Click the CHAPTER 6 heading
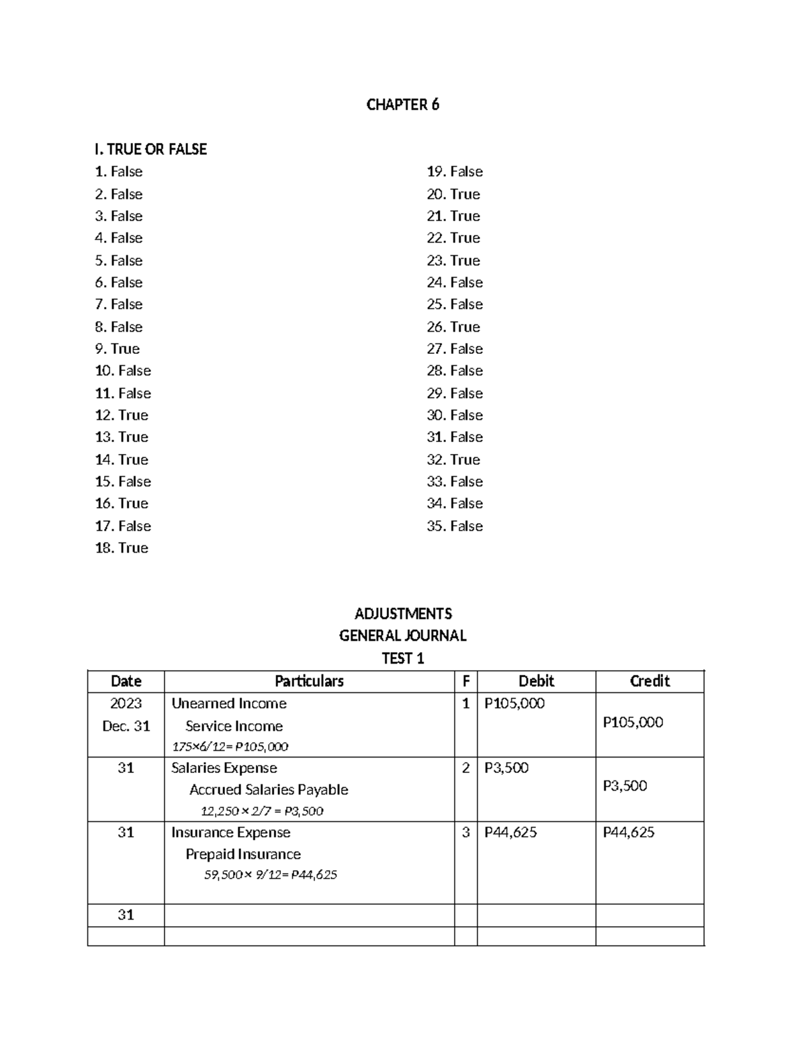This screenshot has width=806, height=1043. pos(402,105)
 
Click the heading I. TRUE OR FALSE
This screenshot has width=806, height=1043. pos(151,149)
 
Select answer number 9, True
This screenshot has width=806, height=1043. pos(118,349)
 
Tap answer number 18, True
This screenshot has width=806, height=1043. pos(122,548)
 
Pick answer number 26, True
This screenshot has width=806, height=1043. pos(453,327)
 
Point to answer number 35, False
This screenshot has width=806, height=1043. pos(455,526)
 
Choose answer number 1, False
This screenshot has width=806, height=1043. pos(119,172)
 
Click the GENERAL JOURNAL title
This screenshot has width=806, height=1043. pos(402,635)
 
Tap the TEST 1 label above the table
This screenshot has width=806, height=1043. pos(402,658)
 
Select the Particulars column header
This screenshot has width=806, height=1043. pos(309,681)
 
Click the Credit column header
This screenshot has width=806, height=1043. pos(650,681)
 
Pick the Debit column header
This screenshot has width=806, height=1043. pos(536,681)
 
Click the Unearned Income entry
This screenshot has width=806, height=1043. pos(229,704)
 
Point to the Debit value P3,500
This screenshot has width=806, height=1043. pos(506,768)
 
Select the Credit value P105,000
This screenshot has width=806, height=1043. pos(633,723)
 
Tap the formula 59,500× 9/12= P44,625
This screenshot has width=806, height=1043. pos(271,875)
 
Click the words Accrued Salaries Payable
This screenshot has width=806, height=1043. pos(269,790)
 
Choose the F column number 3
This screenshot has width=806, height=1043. pos(465,833)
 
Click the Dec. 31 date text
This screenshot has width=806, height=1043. pos(126,726)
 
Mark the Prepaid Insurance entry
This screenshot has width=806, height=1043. pos(243,854)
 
